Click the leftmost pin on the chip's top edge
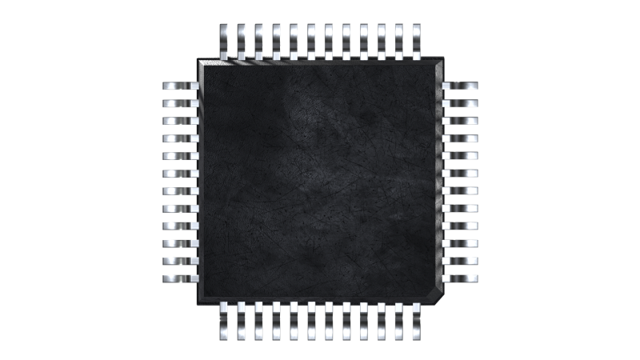click(x=224, y=40)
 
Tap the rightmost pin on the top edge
click(x=418, y=40)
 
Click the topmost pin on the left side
click(x=180, y=86)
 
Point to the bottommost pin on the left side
click(x=180, y=278)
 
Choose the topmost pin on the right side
click(x=461, y=86)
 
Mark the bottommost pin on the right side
click(x=461, y=278)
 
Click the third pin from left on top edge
click(x=259, y=40)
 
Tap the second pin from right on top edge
click(x=400, y=40)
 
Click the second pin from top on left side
click(x=180, y=103)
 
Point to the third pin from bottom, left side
click(x=180, y=243)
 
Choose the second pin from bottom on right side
click(x=461, y=261)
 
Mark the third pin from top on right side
click(x=461, y=121)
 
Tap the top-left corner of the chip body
click(x=201, y=61)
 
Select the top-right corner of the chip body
click(x=442, y=60)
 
